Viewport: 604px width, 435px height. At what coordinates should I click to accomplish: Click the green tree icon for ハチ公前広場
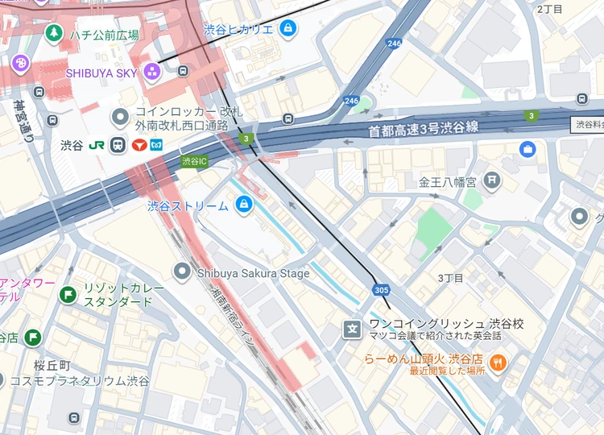point(53,34)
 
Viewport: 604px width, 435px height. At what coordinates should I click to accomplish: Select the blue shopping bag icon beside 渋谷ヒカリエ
point(288,29)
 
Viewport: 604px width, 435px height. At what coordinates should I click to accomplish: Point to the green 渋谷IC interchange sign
point(194,161)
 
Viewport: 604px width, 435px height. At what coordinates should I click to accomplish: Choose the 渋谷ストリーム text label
point(188,205)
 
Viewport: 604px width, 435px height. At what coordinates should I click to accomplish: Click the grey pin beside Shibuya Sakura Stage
point(182,272)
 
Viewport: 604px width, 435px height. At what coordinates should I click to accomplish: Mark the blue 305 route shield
point(382,288)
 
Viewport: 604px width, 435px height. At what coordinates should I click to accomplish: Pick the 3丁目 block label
point(450,278)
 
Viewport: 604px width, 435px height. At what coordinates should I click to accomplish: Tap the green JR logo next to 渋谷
point(96,146)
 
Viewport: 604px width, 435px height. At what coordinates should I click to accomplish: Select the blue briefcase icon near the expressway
point(527,149)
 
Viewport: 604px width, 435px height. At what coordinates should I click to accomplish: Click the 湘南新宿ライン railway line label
point(234,317)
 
